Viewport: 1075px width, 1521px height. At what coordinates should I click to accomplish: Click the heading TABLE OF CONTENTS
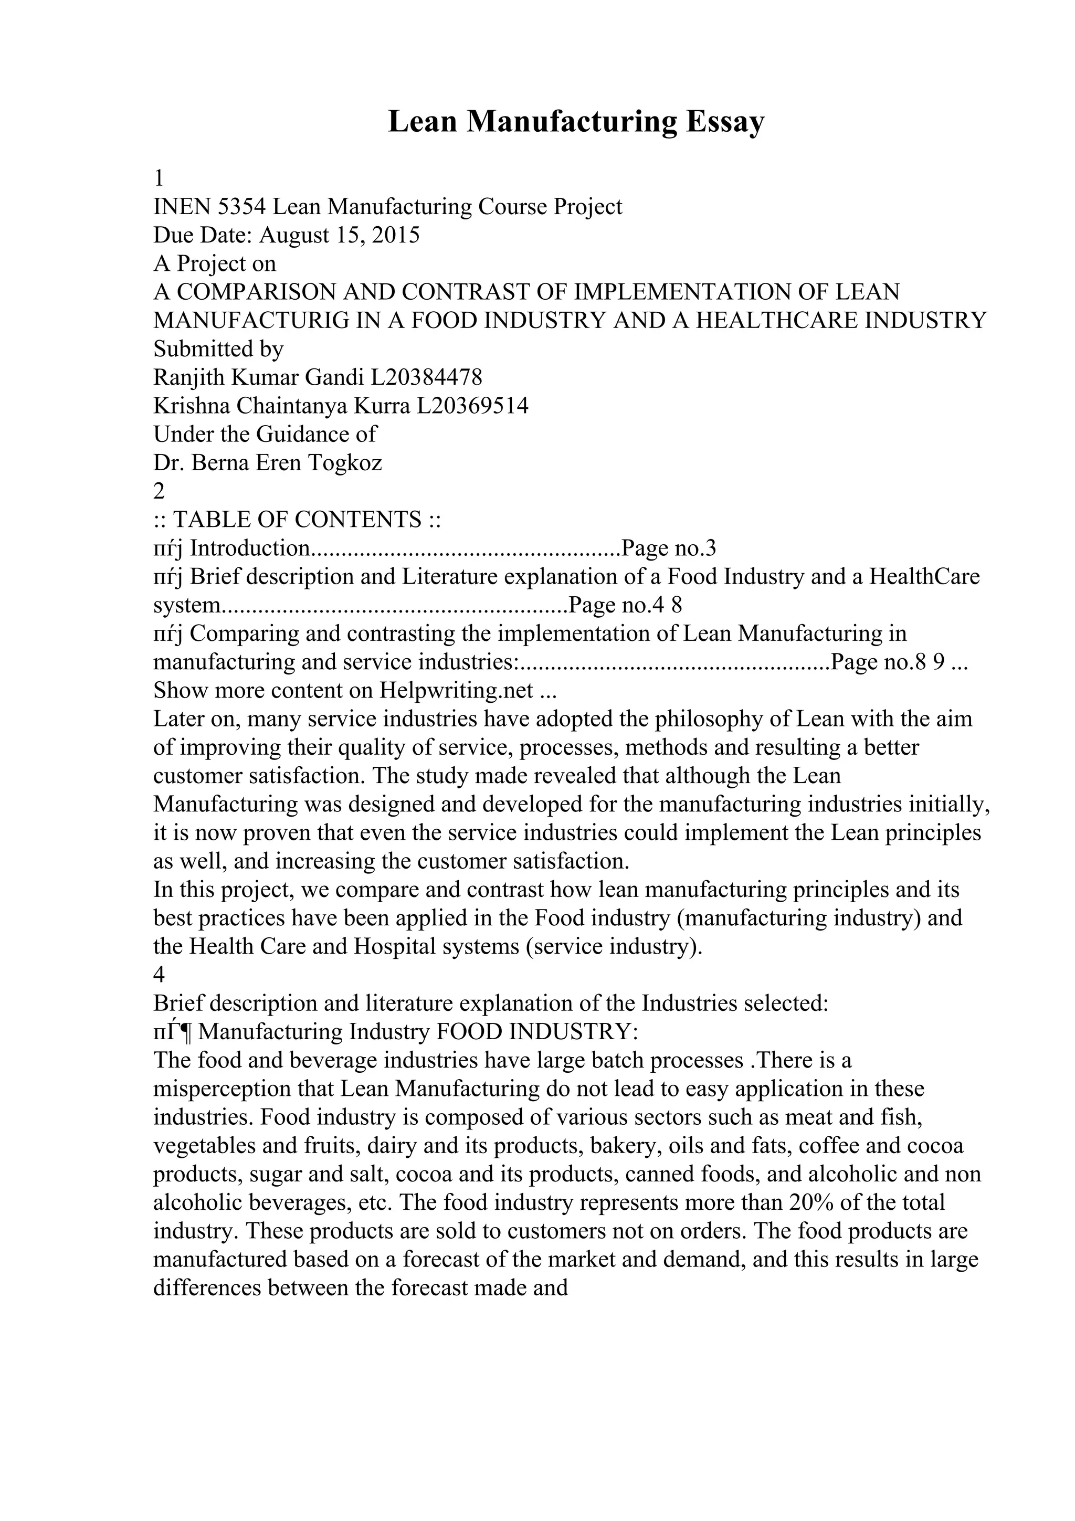[x=297, y=520]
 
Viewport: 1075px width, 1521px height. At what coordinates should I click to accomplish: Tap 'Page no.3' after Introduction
[x=669, y=548]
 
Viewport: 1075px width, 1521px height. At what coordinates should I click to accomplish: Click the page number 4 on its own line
[x=159, y=975]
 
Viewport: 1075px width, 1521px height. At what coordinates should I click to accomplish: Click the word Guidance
[x=316, y=434]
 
